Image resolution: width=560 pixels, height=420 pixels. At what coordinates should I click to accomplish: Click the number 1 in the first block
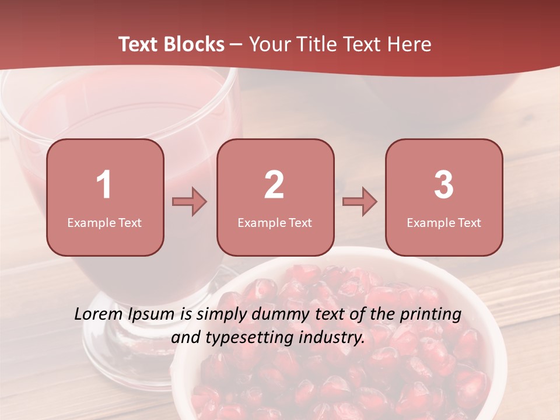click(104, 185)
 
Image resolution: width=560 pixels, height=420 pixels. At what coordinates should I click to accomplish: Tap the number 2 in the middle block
click(274, 185)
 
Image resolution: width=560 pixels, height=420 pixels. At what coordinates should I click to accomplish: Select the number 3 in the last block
click(444, 185)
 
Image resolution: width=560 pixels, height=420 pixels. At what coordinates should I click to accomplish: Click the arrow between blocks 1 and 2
click(190, 202)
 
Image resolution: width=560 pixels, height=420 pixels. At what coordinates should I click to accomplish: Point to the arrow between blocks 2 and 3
click(360, 202)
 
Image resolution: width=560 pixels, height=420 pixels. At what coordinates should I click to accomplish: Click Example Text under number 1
click(104, 223)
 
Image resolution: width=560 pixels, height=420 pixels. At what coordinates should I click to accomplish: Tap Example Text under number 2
click(275, 223)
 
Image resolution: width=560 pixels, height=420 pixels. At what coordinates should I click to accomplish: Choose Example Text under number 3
click(444, 223)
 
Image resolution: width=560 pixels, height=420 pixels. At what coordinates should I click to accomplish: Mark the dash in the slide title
click(236, 45)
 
